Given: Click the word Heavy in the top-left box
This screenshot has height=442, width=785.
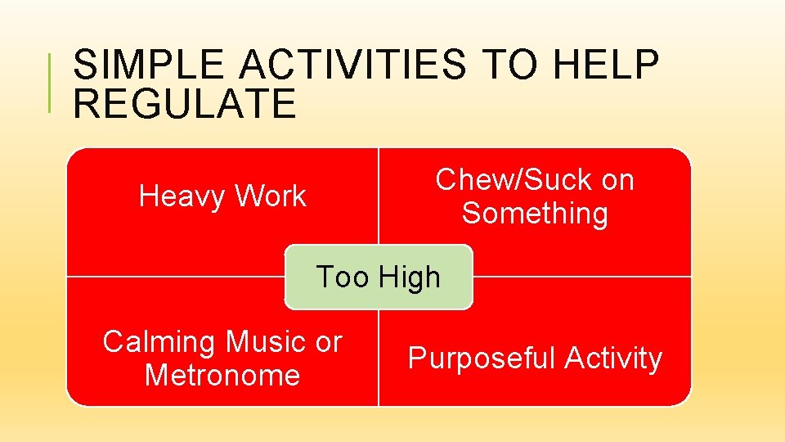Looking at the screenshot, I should (x=182, y=196).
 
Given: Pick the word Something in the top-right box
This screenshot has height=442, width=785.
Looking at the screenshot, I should (x=535, y=214).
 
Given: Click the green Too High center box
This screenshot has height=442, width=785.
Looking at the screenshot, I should (x=379, y=277).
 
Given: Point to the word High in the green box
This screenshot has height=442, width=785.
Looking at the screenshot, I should (x=408, y=277).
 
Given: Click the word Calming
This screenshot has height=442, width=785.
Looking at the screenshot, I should (x=159, y=342).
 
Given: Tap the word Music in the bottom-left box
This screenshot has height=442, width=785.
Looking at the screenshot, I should (x=264, y=342).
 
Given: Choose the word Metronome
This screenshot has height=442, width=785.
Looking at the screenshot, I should (x=222, y=376).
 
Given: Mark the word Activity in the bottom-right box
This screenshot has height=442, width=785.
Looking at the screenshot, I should (x=612, y=359).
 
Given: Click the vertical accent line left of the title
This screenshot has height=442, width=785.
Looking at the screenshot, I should (x=51, y=82).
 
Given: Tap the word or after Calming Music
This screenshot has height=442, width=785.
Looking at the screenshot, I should (x=328, y=342).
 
